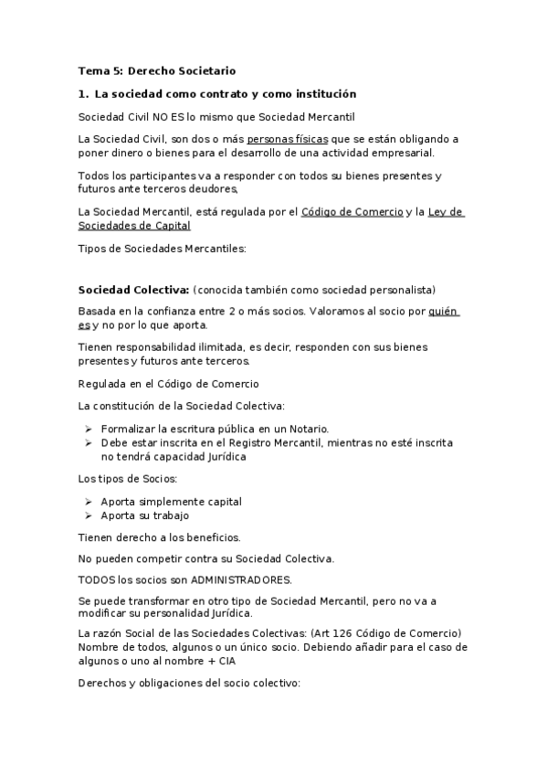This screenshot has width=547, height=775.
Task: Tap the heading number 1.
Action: [83, 94]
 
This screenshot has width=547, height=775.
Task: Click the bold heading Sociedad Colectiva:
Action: [133, 290]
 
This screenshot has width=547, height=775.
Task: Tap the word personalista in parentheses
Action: [401, 290]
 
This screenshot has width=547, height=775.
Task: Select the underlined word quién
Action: [443, 312]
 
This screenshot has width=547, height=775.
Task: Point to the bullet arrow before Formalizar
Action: [89, 429]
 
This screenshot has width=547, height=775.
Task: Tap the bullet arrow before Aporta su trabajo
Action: [89, 515]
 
